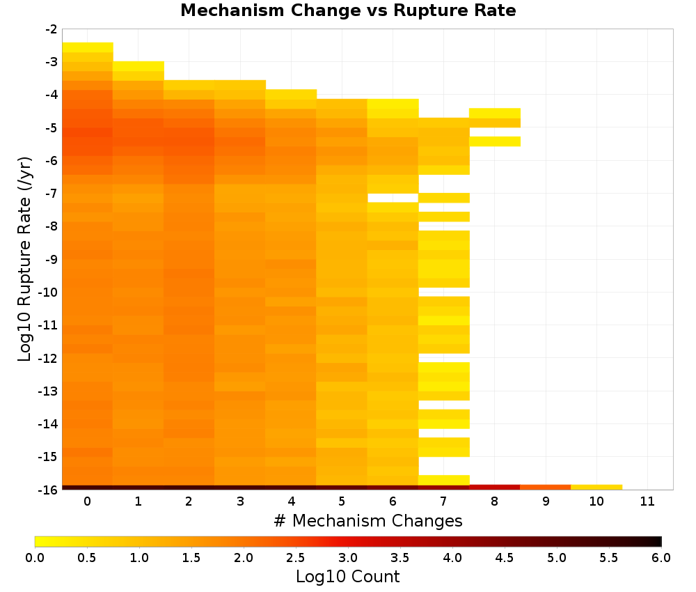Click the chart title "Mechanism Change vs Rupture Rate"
pos(348,10)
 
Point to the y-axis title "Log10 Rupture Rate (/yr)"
pos(25,259)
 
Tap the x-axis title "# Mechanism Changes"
pos(368,521)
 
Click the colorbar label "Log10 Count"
pos(347,577)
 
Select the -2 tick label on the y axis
pos(51,29)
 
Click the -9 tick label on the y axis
pos(51,259)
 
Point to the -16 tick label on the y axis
pos(48,490)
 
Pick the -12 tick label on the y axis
pos(48,358)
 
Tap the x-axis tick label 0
pos(88,501)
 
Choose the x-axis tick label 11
pos(647,501)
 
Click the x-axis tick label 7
pos(443,501)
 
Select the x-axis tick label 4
pos(291,501)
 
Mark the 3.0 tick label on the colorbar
pos(347,558)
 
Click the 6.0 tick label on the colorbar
pos(661,558)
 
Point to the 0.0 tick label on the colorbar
pos(35,558)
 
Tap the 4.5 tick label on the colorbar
pos(504,558)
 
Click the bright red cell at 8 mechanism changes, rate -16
pos(494,488)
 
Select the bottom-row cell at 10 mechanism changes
pos(596,488)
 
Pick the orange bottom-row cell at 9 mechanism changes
pos(546,488)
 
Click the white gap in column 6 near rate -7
pos(393,198)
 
